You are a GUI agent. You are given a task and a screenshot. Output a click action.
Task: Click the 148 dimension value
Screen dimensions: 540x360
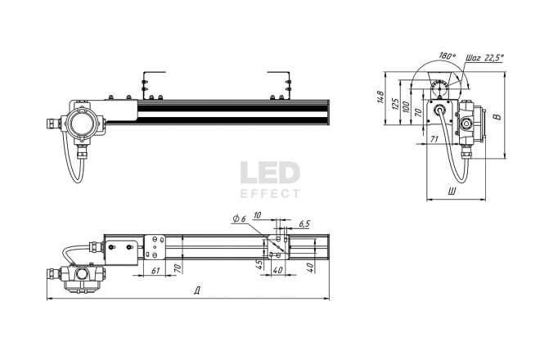point(380,97)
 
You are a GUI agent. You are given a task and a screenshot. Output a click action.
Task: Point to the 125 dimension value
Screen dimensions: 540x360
point(395,103)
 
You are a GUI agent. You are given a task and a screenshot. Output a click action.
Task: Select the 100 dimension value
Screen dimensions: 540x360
point(406,107)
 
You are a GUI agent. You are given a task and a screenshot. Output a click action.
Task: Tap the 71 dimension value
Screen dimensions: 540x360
point(434,139)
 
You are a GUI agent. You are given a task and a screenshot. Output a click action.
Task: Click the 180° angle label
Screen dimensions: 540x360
point(448,56)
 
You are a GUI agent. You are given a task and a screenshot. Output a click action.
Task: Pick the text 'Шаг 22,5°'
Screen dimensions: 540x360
point(484,57)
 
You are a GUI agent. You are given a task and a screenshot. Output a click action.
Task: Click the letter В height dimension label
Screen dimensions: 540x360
point(497,116)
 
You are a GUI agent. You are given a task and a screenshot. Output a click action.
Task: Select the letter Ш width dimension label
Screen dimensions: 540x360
point(452,191)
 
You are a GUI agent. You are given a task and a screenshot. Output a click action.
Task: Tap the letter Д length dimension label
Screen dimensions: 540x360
point(197,290)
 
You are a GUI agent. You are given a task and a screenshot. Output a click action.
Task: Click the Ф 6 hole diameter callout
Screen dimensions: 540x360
point(240,218)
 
